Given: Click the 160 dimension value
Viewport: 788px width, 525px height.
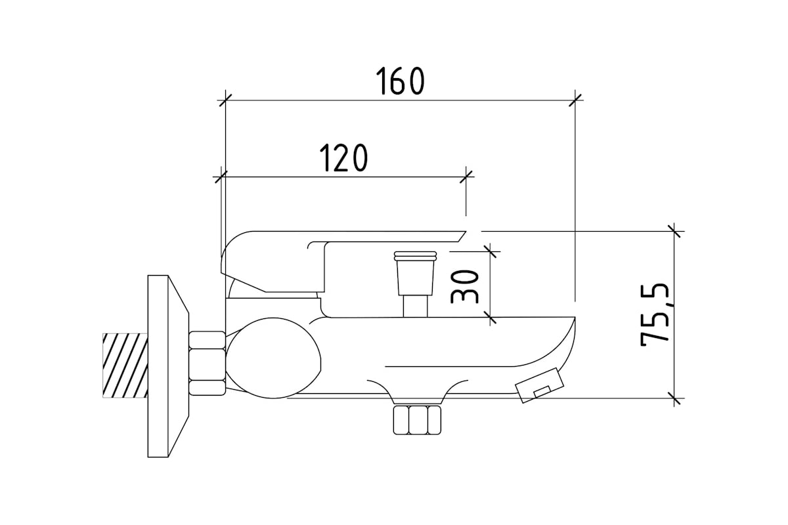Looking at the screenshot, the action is point(401,81).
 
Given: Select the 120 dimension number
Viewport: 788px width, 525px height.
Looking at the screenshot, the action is point(343,158).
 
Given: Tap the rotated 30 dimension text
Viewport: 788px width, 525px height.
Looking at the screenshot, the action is point(464,287).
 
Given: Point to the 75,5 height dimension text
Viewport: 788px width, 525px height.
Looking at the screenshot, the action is point(654,314).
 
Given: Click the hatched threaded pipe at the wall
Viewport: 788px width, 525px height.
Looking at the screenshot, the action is point(125,366).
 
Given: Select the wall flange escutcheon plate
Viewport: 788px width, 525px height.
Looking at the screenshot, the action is point(168,366).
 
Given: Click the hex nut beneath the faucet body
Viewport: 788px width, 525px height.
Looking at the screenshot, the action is point(417,420).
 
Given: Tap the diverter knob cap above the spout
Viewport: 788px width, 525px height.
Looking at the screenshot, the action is point(415,273).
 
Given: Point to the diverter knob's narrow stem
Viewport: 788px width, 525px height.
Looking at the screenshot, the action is point(416,306).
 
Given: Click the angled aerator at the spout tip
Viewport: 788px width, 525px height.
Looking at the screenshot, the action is point(540,385).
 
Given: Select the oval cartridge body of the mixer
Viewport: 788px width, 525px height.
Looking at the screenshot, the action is point(273,358).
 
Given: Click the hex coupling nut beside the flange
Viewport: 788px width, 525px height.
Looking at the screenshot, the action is point(208,364).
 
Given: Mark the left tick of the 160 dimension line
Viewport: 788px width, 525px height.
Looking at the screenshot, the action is point(225,100).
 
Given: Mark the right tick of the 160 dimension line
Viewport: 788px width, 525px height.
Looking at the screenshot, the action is point(575,100).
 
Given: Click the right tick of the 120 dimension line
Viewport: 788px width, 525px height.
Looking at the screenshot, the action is point(466,177).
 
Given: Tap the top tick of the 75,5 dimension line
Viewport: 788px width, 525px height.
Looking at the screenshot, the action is point(674,232).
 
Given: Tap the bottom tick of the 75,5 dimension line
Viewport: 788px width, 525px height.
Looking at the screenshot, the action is point(674,398).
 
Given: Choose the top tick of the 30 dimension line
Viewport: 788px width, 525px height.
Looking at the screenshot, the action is point(490,252).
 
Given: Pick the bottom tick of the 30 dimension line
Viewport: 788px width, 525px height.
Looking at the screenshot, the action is point(490,317).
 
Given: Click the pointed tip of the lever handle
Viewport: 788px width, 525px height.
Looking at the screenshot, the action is point(466,232).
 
